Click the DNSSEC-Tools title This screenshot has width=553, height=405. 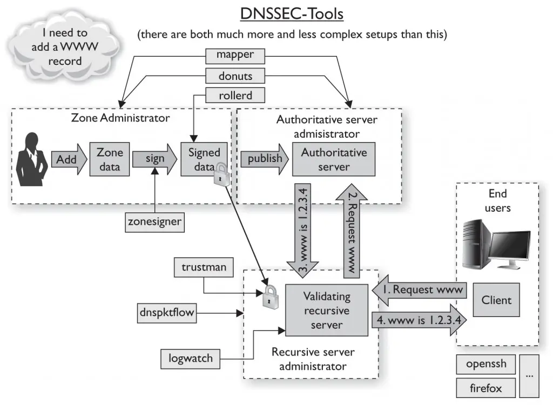point(292,13)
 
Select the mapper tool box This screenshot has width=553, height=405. point(235,55)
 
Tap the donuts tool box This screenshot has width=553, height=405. point(235,75)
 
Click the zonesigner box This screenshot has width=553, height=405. point(154,221)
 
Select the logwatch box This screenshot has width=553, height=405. point(191,358)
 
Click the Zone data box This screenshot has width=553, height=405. point(110,159)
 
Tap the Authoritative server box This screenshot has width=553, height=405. point(334,159)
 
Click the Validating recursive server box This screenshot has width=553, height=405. point(326,310)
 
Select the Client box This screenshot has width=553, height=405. point(496,300)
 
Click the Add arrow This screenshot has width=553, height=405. point(68,159)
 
